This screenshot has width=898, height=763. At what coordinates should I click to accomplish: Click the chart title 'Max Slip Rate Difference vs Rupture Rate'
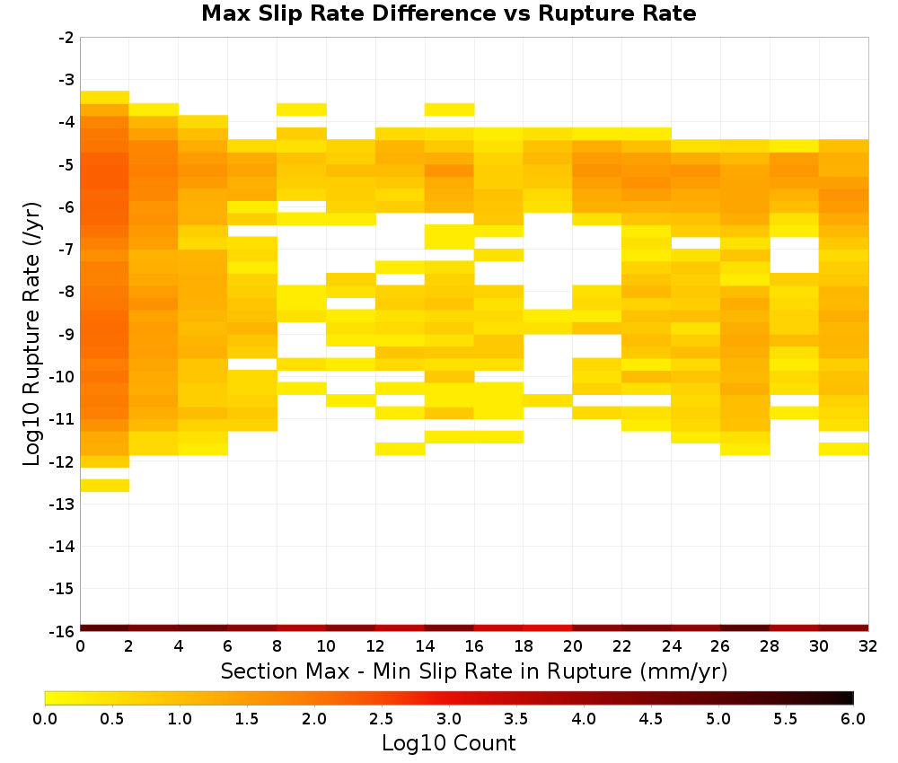(448, 13)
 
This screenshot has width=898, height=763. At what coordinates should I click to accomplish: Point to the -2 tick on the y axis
(66, 38)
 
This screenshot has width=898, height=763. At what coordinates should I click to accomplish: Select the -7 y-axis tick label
(66, 250)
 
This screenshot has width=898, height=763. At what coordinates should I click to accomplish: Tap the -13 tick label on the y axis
(62, 504)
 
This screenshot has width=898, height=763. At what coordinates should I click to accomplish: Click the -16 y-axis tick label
(62, 631)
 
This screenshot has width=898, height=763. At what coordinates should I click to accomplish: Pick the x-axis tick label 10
(326, 646)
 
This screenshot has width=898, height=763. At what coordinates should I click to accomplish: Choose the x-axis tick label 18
(523, 646)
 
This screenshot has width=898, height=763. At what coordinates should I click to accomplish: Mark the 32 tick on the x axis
(868, 646)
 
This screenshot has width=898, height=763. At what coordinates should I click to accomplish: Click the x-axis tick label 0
(80, 646)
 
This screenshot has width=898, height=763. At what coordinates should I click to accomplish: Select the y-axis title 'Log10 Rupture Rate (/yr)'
(31, 334)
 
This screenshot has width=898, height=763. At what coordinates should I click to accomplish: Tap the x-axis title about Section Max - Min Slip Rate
(474, 671)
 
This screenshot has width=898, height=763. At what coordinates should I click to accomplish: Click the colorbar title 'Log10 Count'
(448, 743)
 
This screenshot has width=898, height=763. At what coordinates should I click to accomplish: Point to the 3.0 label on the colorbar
(448, 718)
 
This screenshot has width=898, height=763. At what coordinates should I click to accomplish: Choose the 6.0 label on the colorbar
(853, 718)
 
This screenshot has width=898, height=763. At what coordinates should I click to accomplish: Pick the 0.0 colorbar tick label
(45, 718)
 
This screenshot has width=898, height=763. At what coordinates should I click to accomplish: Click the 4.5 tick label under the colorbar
(650, 718)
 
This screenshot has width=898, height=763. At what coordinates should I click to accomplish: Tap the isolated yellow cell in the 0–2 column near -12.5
(105, 486)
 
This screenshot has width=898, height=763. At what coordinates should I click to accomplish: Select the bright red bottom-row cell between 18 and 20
(548, 628)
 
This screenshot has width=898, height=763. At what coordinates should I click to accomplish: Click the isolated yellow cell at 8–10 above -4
(302, 110)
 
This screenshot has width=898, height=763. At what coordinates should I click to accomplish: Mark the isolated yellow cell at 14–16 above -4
(450, 110)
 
